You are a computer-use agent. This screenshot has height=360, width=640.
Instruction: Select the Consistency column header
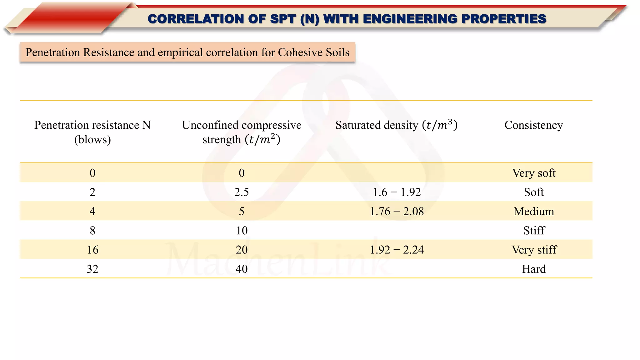(x=533, y=125)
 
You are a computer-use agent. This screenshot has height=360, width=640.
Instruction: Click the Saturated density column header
(x=396, y=125)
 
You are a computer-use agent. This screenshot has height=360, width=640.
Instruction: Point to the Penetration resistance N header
(x=92, y=132)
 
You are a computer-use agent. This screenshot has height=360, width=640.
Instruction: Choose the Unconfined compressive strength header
(x=242, y=132)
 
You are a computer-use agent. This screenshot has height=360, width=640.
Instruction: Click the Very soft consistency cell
(x=534, y=173)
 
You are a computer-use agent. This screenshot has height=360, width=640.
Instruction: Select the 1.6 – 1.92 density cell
(x=397, y=192)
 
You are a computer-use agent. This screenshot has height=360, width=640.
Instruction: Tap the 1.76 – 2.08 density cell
(x=397, y=212)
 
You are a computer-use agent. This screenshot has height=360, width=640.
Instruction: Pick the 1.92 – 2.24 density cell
(x=397, y=250)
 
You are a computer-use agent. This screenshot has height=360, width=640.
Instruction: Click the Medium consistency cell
(x=534, y=212)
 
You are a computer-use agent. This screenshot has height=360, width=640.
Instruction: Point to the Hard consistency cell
(x=534, y=269)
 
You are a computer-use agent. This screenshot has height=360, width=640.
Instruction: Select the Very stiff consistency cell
(x=534, y=250)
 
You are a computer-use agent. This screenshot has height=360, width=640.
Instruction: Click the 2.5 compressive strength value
(x=242, y=192)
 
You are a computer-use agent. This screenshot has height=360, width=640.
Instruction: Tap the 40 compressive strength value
(x=242, y=269)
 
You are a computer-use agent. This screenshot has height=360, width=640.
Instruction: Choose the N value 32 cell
(x=92, y=269)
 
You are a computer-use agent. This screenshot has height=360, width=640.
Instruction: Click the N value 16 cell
(x=92, y=250)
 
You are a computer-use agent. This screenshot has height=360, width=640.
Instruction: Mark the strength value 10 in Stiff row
(x=242, y=231)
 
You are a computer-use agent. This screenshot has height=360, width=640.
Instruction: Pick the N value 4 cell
(x=92, y=212)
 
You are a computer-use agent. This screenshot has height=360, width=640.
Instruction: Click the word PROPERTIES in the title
(x=504, y=19)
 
